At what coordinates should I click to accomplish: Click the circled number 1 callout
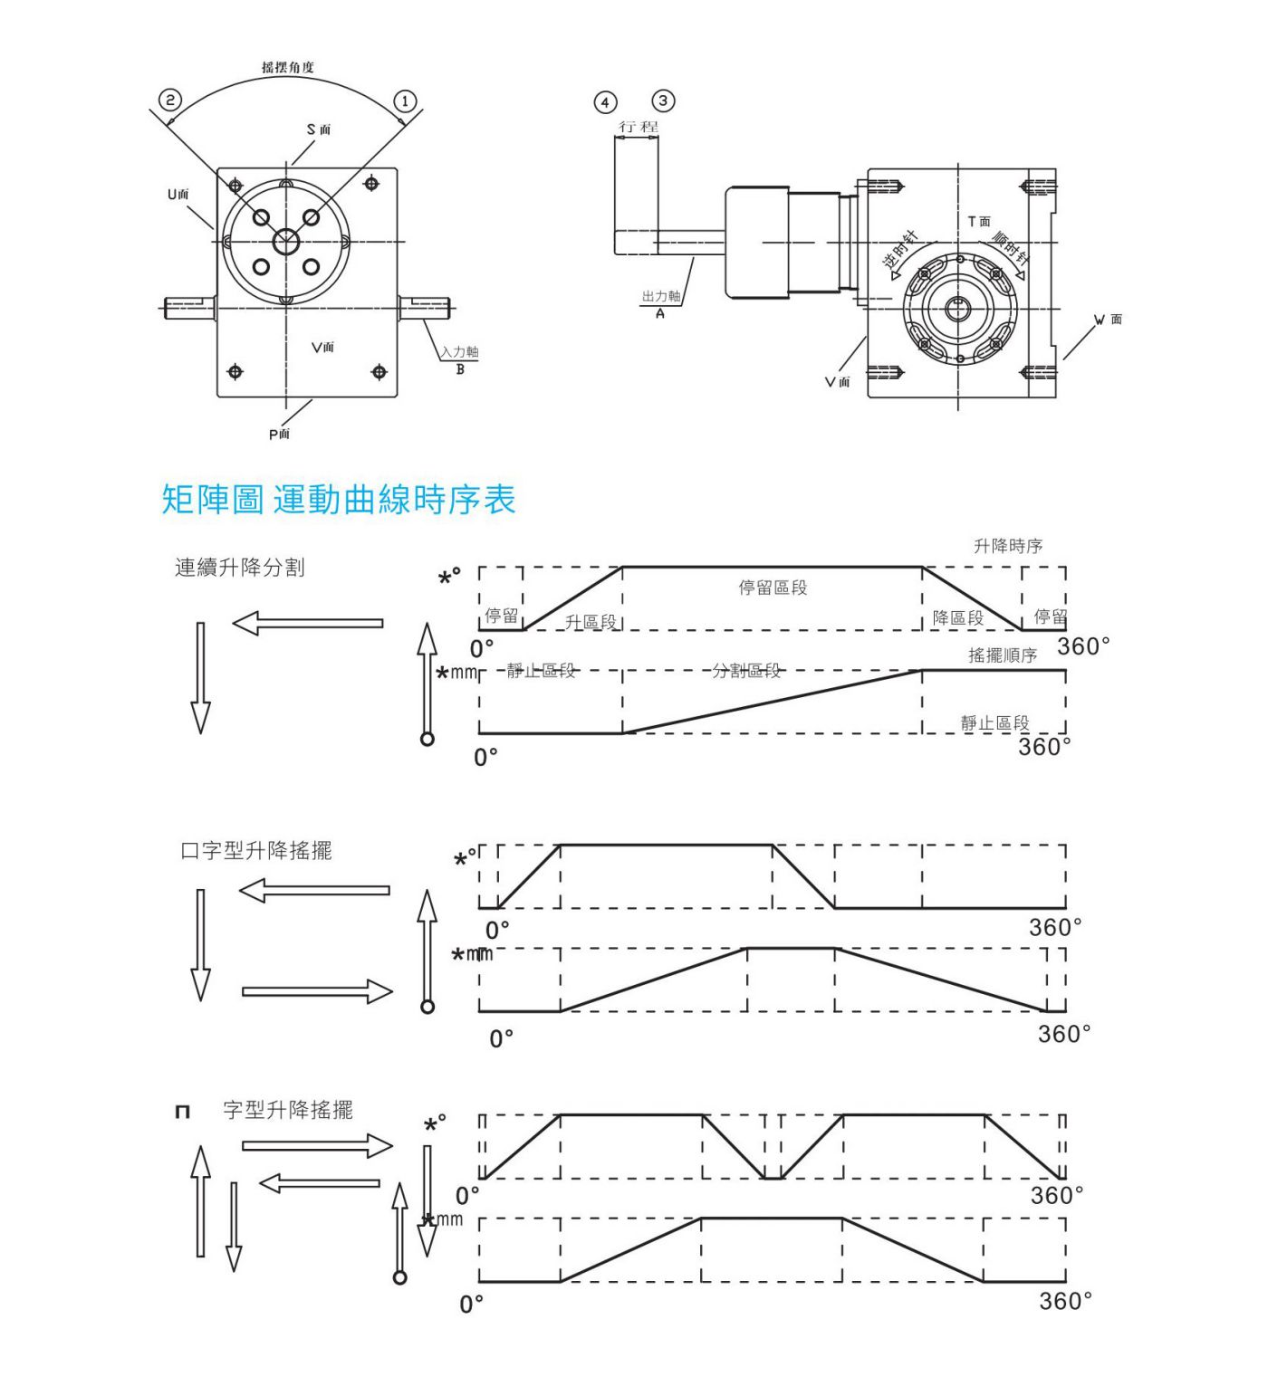(405, 100)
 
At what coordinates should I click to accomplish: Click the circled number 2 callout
(170, 100)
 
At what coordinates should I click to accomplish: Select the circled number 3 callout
(663, 100)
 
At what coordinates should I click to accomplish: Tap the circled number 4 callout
(605, 101)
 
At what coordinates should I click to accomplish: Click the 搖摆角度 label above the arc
(288, 68)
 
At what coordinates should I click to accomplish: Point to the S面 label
(319, 129)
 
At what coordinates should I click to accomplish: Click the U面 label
(178, 195)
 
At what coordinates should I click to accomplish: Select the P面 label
(279, 435)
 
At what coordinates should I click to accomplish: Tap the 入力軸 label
(460, 352)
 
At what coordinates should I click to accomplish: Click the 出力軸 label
(661, 297)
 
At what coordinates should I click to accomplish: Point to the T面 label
(979, 222)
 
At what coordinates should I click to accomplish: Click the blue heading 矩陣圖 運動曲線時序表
(339, 500)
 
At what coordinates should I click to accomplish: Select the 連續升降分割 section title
(240, 568)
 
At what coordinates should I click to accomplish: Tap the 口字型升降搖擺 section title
(256, 850)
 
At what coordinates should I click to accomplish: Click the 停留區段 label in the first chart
(773, 588)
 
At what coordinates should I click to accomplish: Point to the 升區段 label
(591, 622)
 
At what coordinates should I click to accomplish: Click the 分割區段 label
(746, 670)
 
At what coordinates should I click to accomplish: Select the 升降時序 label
(1008, 546)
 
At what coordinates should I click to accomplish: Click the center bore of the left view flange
(286, 242)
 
